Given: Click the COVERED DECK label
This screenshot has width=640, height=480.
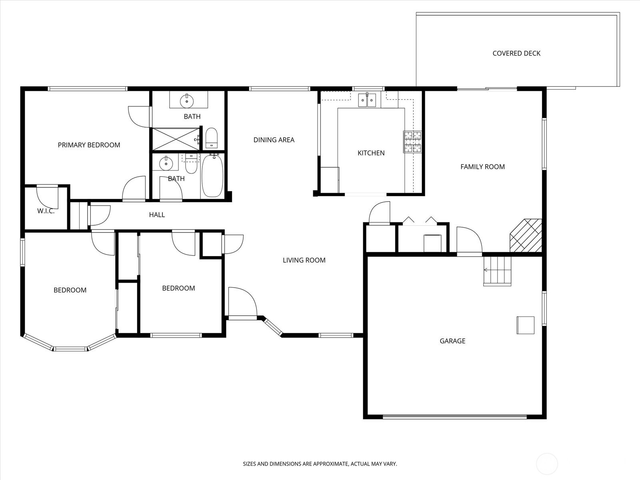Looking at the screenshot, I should coord(516,53).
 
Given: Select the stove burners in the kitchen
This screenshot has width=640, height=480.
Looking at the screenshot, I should coord(412,142).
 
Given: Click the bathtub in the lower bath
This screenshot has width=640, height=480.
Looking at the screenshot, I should coord(212,176).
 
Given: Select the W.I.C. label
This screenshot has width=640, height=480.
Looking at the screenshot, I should coord(46,211).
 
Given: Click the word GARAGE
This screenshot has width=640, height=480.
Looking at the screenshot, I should coord(452,341).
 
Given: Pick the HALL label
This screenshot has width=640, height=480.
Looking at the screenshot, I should coord(157,215).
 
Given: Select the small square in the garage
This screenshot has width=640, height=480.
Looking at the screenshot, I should coord(525,325).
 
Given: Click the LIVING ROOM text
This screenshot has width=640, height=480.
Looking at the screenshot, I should coord(304,260).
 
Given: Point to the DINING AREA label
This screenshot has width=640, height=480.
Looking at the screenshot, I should coord(274,140).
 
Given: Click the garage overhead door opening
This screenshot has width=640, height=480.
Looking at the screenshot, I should coord(454,417).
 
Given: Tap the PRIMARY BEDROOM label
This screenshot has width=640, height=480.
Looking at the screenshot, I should coord(89,145).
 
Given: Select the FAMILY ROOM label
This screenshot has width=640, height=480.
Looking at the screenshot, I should coord(482,166).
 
